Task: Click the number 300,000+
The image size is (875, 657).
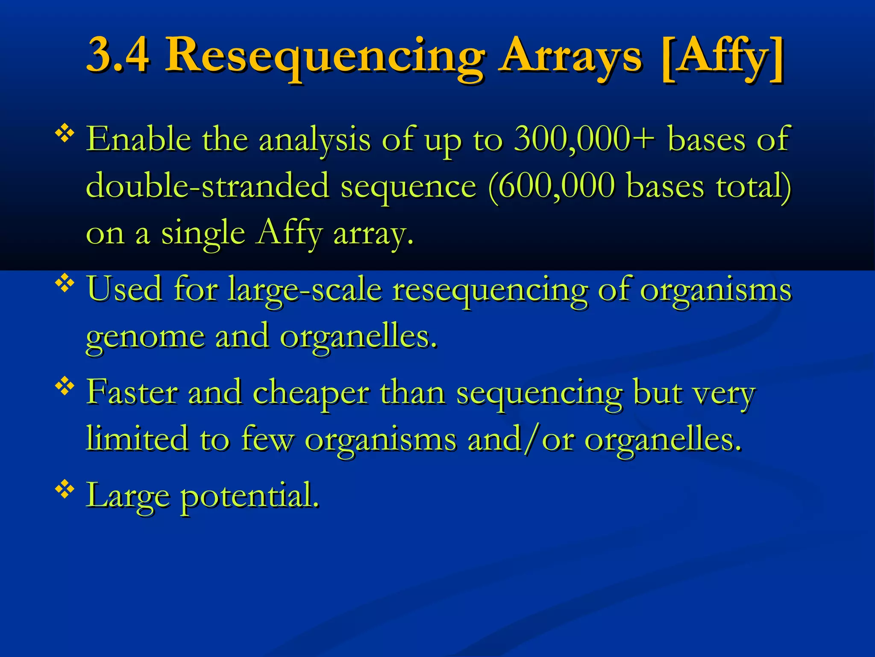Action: [x=584, y=139]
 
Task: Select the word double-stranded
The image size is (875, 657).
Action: [x=208, y=186]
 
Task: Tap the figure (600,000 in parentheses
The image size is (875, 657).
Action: [x=551, y=186]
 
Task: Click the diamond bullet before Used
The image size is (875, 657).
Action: [x=65, y=284]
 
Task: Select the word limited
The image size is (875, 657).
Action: [x=137, y=438]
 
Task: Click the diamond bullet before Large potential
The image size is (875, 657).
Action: [x=65, y=490]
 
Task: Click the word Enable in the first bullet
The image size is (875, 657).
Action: [x=138, y=139]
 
